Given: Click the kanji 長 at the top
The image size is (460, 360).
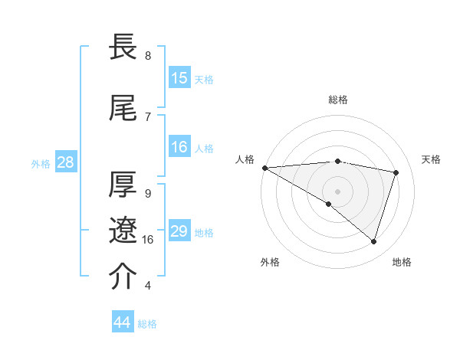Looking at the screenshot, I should (123, 47).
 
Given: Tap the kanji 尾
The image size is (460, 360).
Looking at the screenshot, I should (123, 108).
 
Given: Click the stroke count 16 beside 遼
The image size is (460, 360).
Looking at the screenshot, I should (148, 240).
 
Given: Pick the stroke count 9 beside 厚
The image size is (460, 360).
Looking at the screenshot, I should (148, 194).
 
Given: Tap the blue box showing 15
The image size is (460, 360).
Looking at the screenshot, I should (179, 78).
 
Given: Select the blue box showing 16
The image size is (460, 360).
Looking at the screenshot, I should (179, 147).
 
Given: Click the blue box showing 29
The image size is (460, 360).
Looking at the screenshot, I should (179, 231).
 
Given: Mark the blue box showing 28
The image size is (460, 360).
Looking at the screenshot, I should (65, 162).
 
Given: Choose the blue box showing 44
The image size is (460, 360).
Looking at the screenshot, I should (123, 322).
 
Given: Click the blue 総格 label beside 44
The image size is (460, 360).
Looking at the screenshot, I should (147, 324).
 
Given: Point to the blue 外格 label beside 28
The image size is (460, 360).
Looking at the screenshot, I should (40, 163).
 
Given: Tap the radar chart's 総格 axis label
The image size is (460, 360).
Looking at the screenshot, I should (337, 100).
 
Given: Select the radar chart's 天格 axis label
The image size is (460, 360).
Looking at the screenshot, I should (431, 159).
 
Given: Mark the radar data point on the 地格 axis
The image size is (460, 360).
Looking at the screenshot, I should (373, 242).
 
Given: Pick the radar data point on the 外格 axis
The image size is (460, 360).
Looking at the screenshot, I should (329, 204).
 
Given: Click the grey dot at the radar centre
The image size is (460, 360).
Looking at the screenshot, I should (337, 190).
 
